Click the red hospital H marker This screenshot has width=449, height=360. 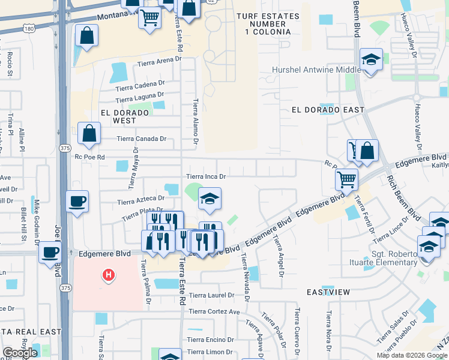coord(109,275)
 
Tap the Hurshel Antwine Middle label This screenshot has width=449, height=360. coord(316,70)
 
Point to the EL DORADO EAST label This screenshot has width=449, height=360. coord(328,110)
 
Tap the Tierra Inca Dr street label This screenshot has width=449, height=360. coord(205,176)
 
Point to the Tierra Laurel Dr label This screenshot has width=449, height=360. coord(211,295)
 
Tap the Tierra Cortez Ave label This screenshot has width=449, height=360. coord(214,311)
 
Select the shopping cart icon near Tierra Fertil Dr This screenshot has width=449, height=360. coord(346,178)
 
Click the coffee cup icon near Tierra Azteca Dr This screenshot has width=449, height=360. coord(77,201)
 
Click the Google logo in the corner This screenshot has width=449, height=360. coord(20,353)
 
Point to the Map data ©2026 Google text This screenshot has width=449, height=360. coord(411,355)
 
